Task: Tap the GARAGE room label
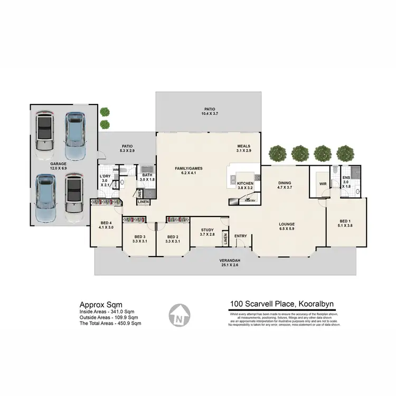pos(59,164)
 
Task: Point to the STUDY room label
pos(206,230)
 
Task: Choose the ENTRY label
pos(241,236)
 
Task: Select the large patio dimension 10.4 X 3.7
pos(208,114)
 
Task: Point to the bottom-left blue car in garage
pos(46,200)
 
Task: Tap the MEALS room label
pos(243,146)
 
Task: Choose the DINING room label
pos(285,183)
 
